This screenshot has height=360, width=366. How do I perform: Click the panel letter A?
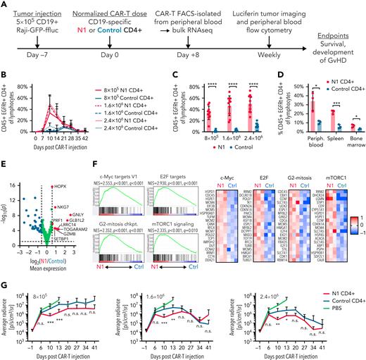pos(5,6)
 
